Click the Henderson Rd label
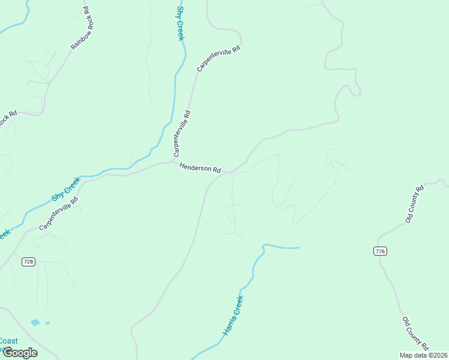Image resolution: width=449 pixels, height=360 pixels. [200, 169]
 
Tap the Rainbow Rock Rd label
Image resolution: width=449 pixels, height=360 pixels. [80, 28]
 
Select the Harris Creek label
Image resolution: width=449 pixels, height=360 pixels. [233, 315]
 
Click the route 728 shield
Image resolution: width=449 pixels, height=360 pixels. [28, 262]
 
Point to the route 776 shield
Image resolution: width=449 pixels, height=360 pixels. [379, 251]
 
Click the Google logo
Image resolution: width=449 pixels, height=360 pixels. [19, 353]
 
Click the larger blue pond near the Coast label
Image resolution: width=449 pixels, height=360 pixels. [35, 323]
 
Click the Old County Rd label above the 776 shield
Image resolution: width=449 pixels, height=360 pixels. [414, 204]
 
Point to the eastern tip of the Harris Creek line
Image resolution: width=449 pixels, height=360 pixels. [298, 247]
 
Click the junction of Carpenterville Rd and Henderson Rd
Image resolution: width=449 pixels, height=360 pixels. [174, 161]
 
